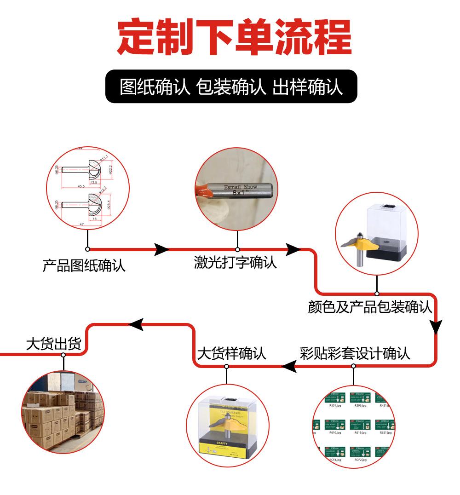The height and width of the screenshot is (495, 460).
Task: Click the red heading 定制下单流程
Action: coord(234,37)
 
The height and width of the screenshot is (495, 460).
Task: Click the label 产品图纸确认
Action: coord(84,266)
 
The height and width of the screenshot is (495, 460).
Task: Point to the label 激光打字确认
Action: coord(235,263)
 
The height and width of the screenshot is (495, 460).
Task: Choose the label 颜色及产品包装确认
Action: coord(370,307)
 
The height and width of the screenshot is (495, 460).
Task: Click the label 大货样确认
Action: coord(231,353)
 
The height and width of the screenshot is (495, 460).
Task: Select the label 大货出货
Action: coord(53,344)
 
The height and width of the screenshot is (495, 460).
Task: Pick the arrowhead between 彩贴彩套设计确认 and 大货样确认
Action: coord(289,366)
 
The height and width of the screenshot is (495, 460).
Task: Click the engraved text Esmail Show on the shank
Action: coord(241,187)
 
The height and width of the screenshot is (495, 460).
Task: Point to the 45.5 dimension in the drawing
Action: coord(80,186)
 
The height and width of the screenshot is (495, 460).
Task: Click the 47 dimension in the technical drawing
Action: coord(81,223)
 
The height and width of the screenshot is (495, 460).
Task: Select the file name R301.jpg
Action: coord(335,406)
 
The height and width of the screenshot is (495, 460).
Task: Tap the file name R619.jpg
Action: coord(360,432)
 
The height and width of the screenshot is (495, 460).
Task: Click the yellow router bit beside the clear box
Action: coord(359,246)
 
